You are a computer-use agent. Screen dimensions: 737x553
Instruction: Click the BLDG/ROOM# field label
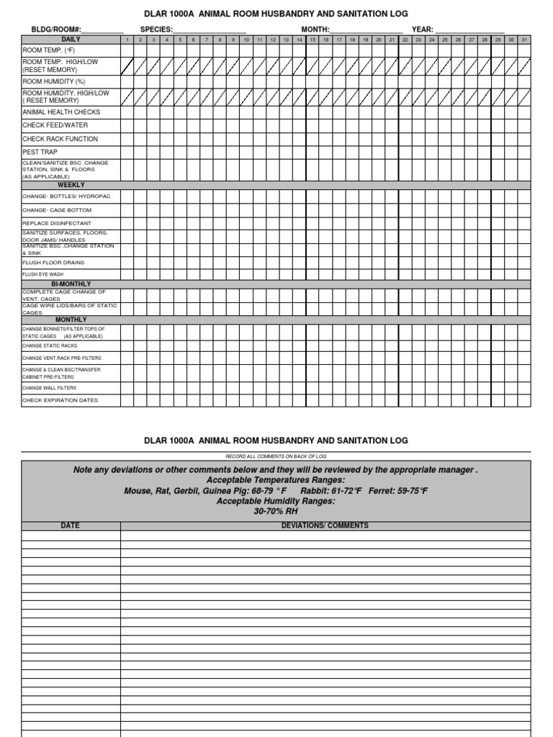click(x=56, y=29)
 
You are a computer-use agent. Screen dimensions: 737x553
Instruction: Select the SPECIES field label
click(x=156, y=29)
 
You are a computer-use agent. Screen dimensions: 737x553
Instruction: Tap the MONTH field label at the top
click(x=315, y=29)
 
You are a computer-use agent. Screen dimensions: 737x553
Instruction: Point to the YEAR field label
click(x=422, y=29)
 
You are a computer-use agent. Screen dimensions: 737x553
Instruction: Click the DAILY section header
click(x=71, y=39)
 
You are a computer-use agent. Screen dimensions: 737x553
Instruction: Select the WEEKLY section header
click(x=71, y=185)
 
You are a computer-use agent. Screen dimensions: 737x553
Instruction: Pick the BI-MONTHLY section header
click(x=71, y=284)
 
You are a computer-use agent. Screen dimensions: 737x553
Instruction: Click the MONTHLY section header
click(x=71, y=320)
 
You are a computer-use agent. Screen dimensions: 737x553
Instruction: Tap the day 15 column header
click(x=313, y=40)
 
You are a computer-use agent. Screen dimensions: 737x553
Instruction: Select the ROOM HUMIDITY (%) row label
click(x=54, y=82)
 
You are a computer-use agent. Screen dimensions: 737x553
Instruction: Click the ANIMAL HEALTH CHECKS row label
click(x=61, y=112)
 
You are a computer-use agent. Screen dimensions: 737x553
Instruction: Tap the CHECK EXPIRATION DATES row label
click(x=60, y=400)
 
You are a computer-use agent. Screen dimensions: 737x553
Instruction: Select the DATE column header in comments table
click(x=71, y=525)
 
